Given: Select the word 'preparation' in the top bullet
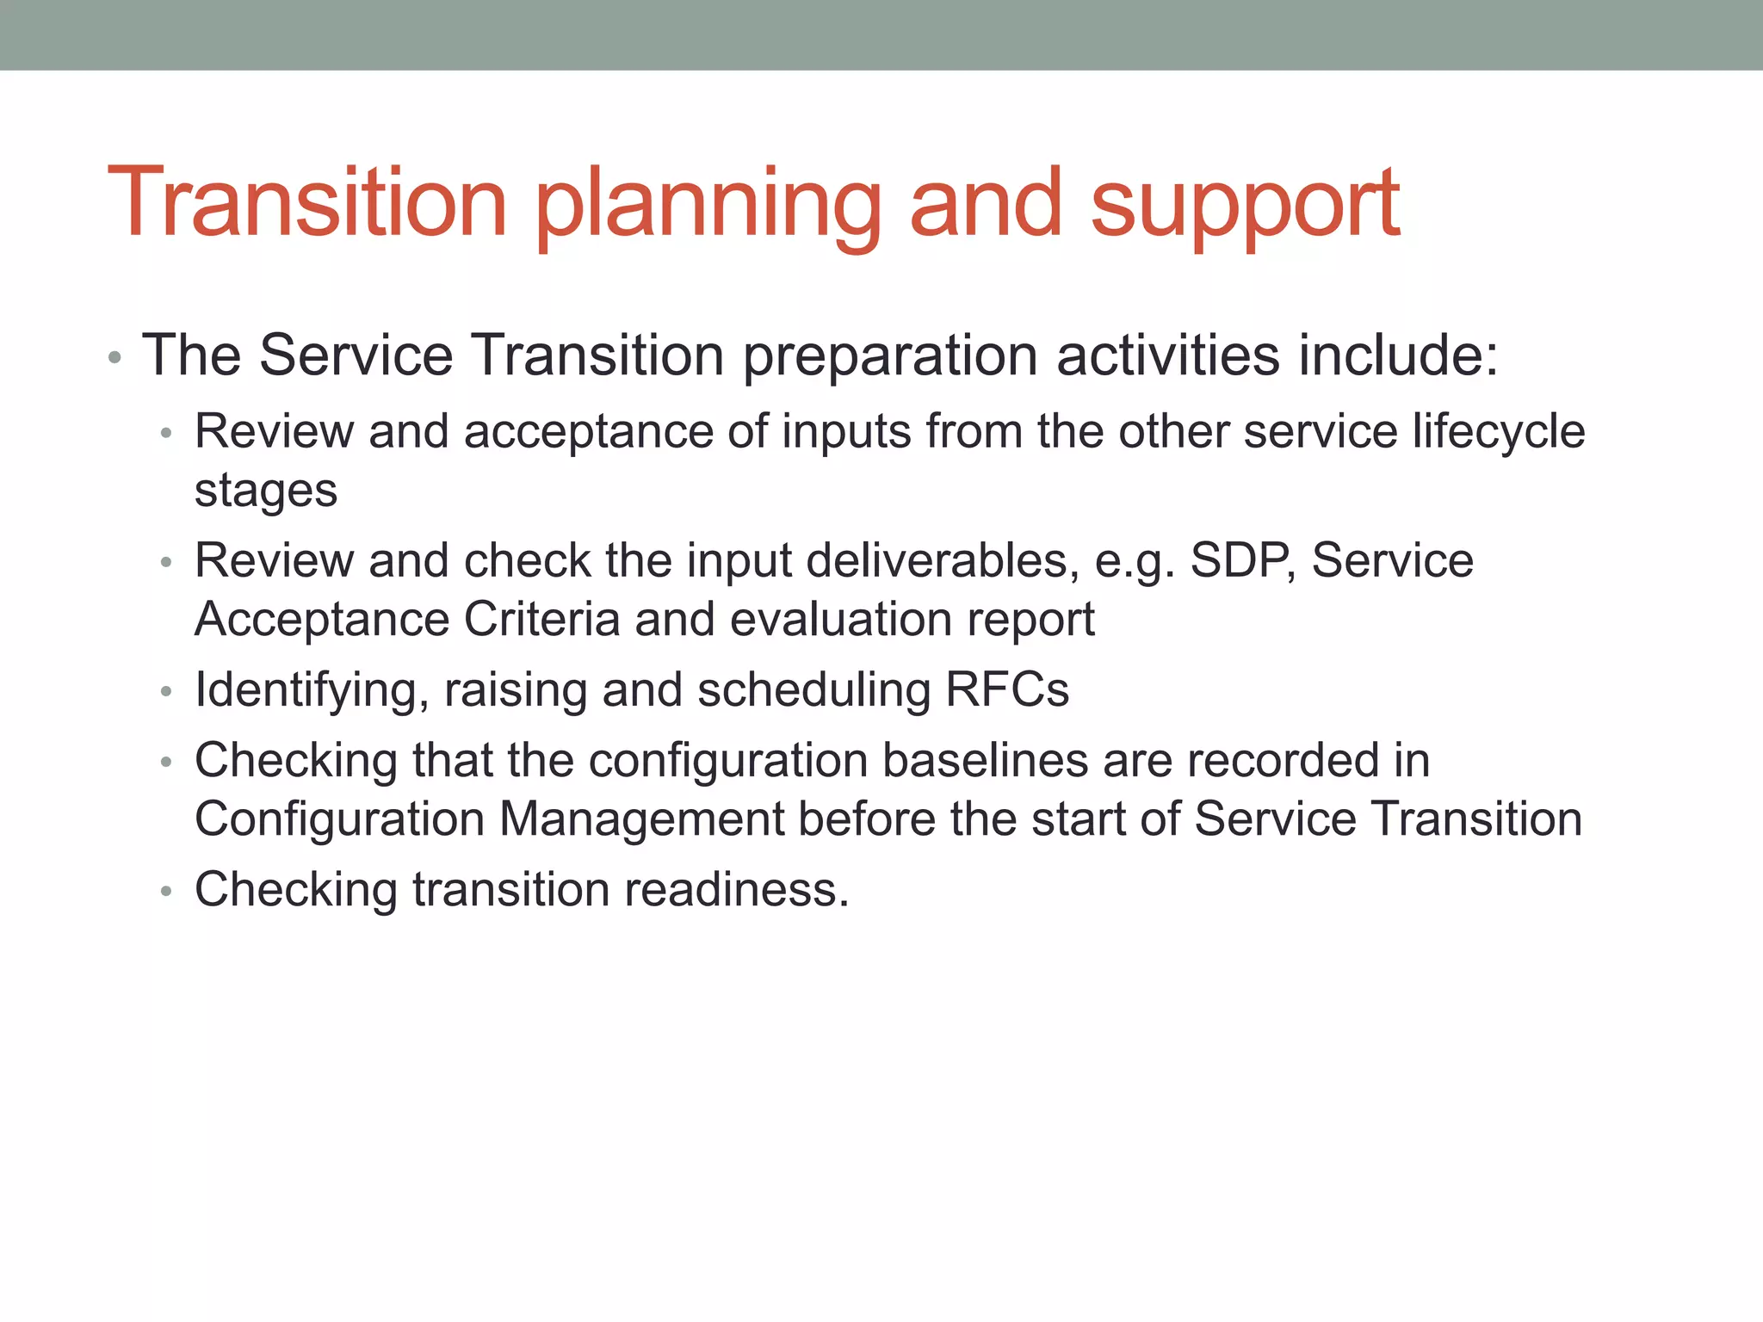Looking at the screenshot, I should pyautogui.click(x=890, y=356).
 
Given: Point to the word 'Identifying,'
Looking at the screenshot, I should pyautogui.click(x=312, y=691).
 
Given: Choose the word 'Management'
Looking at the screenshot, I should pyautogui.click(x=641, y=819).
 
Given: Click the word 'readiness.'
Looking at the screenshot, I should pyautogui.click(x=737, y=889).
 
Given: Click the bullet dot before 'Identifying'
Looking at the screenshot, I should pyautogui.click(x=166, y=692).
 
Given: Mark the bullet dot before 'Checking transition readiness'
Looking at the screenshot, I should pyautogui.click(x=166, y=892).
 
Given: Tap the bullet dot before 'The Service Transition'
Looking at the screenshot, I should pyautogui.click(x=114, y=358).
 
